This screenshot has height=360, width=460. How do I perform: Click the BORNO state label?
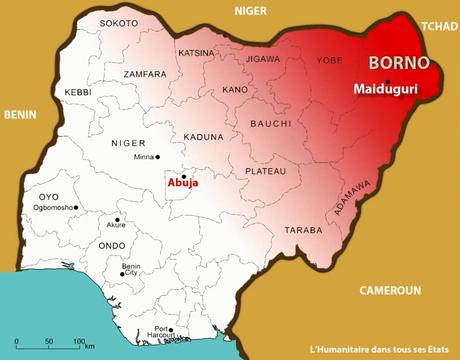(399, 63)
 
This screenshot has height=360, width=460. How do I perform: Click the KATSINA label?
(196, 52)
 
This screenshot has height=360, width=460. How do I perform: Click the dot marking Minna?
(130, 158)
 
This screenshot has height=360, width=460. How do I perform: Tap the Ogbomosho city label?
(56, 208)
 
